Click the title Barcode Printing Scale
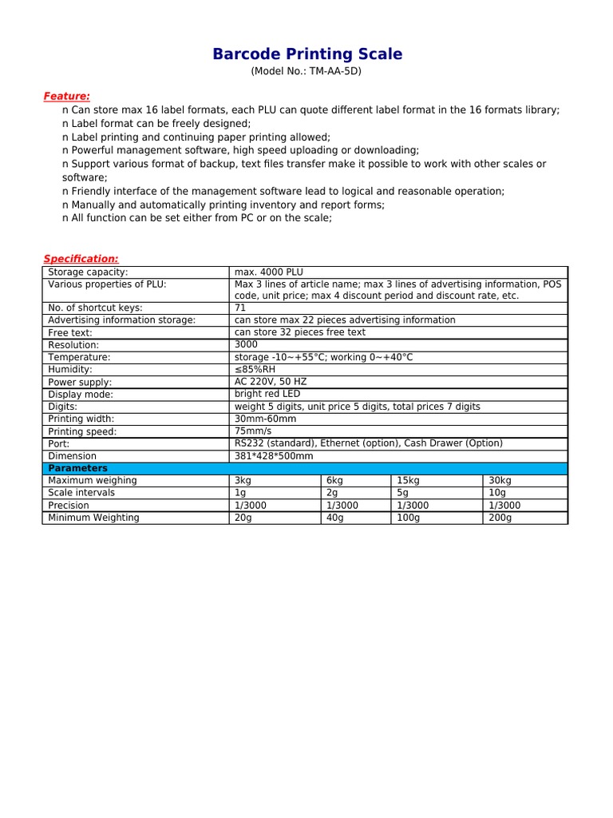click(x=307, y=54)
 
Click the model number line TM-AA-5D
click(x=307, y=72)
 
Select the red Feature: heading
click(x=66, y=96)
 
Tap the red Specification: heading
click(x=81, y=259)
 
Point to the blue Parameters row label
click(x=78, y=468)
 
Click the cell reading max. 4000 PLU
click(x=268, y=272)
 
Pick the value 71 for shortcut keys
click(x=240, y=308)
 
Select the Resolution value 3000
click(x=246, y=344)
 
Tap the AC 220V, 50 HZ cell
click(x=270, y=382)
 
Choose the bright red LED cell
click(x=267, y=394)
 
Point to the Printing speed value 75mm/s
click(x=253, y=431)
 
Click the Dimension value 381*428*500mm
click(x=274, y=456)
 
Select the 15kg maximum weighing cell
click(x=408, y=480)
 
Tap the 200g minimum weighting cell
click(x=500, y=518)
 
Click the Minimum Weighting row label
click(x=93, y=518)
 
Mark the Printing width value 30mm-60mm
click(x=265, y=419)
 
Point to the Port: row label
click(x=58, y=443)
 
